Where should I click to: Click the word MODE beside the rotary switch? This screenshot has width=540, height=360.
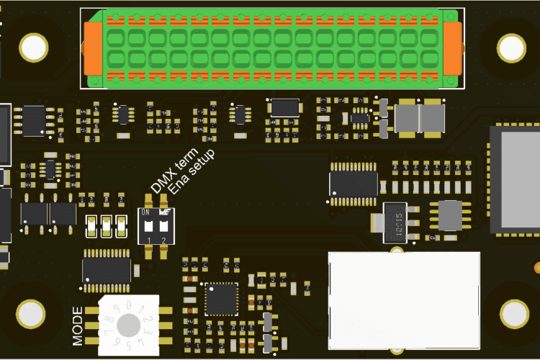(x=78, y=324)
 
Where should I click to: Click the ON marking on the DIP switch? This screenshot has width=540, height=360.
(x=145, y=213)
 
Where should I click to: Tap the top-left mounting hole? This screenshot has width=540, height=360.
(x=33, y=48)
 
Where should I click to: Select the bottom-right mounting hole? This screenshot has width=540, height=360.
(x=514, y=313)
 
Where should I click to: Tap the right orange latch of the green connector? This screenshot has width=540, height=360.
(x=451, y=48)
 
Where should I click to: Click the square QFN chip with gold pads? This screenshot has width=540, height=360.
(x=221, y=299)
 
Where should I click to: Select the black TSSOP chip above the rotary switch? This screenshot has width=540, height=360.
(x=107, y=266)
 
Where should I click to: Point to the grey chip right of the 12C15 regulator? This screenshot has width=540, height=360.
(x=450, y=215)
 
